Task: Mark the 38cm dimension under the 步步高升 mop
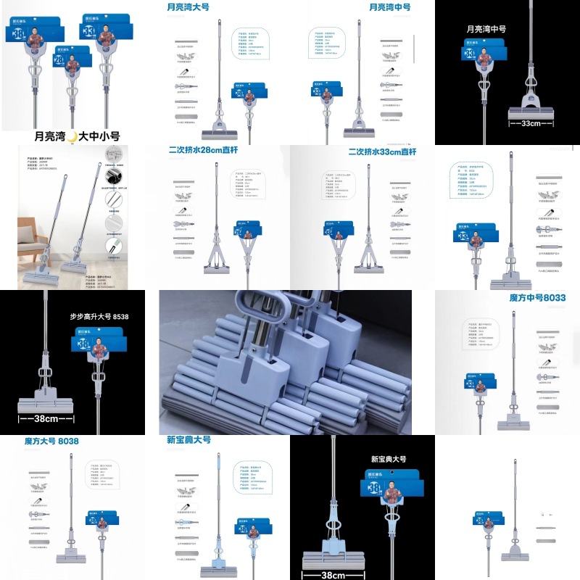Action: (x=45, y=418)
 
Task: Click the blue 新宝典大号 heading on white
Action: (x=188, y=440)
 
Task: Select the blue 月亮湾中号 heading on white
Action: (x=389, y=7)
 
